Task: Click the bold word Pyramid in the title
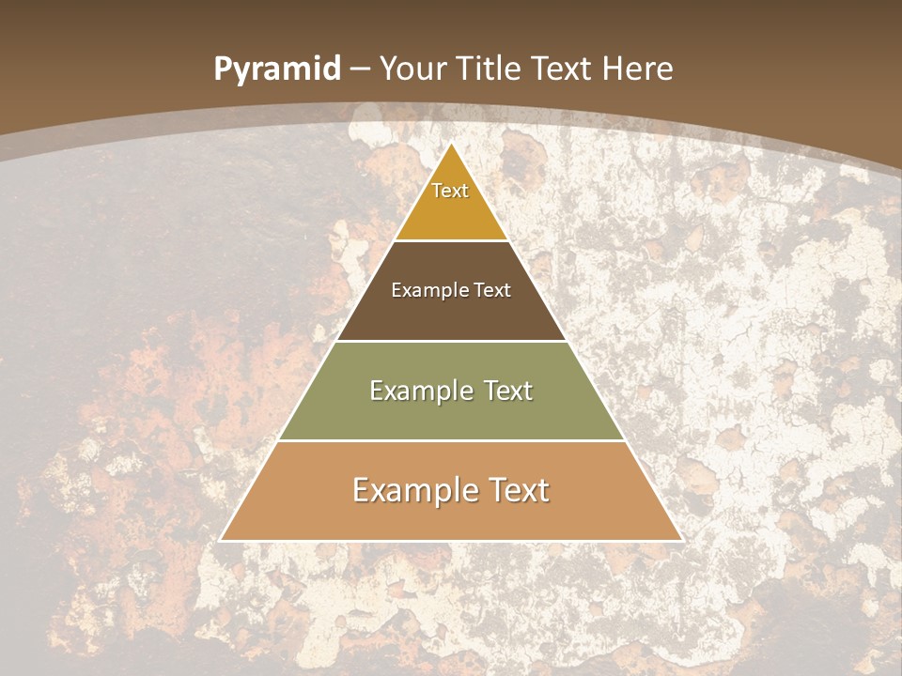277,69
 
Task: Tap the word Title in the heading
491,69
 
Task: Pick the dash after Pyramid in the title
360,69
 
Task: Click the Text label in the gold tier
450,191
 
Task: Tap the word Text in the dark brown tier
493,290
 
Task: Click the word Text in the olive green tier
508,391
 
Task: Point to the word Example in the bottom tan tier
414,490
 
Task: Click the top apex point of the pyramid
451,143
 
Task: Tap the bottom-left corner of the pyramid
221,540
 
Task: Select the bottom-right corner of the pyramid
681,540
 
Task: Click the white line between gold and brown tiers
451,241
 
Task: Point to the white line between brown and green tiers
451,341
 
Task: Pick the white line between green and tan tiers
451,440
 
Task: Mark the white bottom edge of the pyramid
451,541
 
